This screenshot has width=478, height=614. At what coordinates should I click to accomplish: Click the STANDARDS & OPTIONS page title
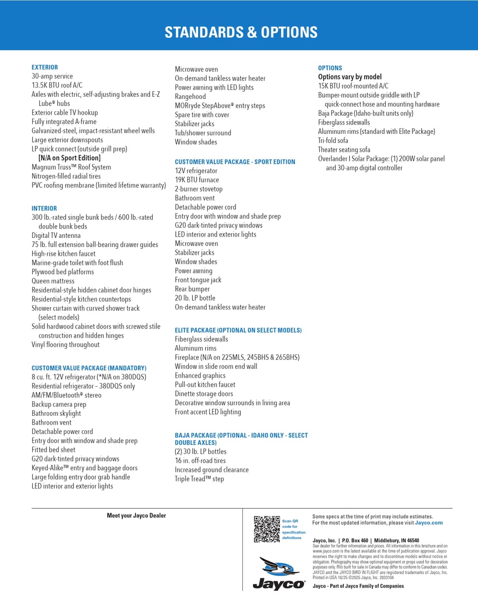(x=241, y=32)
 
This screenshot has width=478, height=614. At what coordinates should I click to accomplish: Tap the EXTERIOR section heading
(x=45, y=67)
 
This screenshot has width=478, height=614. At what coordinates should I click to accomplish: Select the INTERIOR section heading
(x=44, y=209)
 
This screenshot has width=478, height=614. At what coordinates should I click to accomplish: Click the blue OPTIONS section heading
(x=330, y=68)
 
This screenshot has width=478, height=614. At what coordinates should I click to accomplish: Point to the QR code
(x=267, y=529)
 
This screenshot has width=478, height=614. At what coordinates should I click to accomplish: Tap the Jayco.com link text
(x=428, y=523)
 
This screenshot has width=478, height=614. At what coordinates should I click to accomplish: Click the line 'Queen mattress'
(x=53, y=281)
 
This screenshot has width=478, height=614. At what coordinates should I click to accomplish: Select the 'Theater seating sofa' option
(x=344, y=150)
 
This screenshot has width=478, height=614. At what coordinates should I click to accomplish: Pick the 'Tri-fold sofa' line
(x=333, y=141)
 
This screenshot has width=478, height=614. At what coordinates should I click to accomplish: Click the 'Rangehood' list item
(x=190, y=97)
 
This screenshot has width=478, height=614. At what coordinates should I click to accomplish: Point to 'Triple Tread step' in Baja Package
(x=199, y=479)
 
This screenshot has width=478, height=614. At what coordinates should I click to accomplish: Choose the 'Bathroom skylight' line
(x=56, y=414)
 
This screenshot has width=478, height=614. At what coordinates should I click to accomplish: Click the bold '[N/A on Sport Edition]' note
(x=70, y=158)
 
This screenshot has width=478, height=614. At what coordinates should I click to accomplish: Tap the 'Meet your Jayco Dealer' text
(x=137, y=516)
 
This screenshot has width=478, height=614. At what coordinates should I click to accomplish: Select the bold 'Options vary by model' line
(x=350, y=77)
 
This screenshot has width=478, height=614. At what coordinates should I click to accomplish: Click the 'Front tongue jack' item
(x=198, y=280)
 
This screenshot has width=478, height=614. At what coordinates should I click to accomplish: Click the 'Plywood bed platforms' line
(x=63, y=272)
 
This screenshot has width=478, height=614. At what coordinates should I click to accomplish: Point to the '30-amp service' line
(x=52, y=76)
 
